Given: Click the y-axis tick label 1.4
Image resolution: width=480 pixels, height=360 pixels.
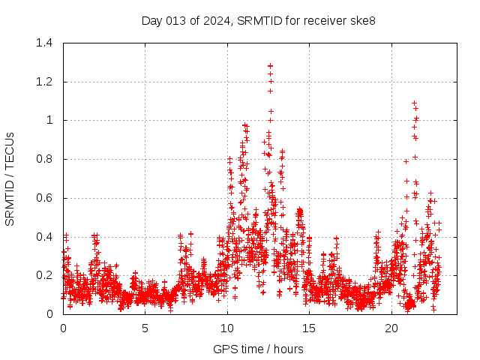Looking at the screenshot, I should point(46,43).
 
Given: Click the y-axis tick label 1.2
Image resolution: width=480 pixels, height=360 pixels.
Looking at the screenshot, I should point(46,82).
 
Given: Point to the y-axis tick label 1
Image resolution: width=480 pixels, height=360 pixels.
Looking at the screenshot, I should point(51,120).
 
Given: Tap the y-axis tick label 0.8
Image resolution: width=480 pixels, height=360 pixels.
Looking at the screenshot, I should point(46,159).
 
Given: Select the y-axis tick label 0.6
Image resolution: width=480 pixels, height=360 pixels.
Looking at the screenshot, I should point(46,198).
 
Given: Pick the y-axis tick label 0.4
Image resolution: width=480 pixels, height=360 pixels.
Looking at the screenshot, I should point(46,237).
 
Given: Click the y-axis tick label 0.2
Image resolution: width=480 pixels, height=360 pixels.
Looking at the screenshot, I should point(46,275).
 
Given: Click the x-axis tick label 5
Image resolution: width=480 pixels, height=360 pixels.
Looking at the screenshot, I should point(145,328).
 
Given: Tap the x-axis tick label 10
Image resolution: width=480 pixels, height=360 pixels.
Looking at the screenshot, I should point(227,328).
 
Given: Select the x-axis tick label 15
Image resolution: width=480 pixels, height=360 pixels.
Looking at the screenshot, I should point(310,328).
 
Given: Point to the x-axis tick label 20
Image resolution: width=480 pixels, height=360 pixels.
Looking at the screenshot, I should point(391,328).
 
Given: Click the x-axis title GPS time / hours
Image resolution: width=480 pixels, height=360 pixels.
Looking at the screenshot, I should point(258,349).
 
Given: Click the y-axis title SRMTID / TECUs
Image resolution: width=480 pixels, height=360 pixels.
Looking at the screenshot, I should point(10,178).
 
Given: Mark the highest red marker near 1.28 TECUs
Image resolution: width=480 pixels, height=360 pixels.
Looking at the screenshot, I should point(270,66).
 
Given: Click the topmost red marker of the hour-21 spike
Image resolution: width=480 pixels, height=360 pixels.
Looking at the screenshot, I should point(414,103).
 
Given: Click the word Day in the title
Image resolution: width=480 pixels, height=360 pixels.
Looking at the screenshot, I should point(152,20).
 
